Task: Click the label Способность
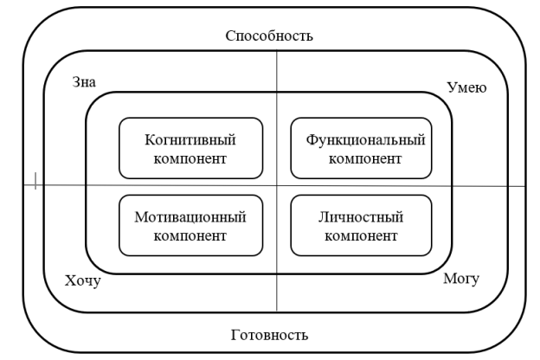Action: (x=269, y=35)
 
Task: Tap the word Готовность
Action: (x=269, y=335)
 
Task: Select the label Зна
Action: (x=84, y=82)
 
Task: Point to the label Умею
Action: (x=466, y=88)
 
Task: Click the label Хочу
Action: (x=83, y=281)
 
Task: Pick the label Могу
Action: (x=461, y=279)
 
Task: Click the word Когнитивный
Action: (x=190, y=140)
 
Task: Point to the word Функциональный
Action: (x=365, y=140)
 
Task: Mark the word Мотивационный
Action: (x=190, y=217)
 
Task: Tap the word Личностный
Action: (x=361, y=217)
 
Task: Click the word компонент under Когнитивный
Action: (x=190, y=159)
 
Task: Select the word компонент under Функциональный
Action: (x=365, y=159)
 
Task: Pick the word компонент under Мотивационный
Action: (x=190, y=236)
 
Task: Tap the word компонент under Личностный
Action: (x=361, y=236)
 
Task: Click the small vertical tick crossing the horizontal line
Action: (x=35, y=181)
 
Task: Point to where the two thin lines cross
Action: (x=277, y=186)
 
